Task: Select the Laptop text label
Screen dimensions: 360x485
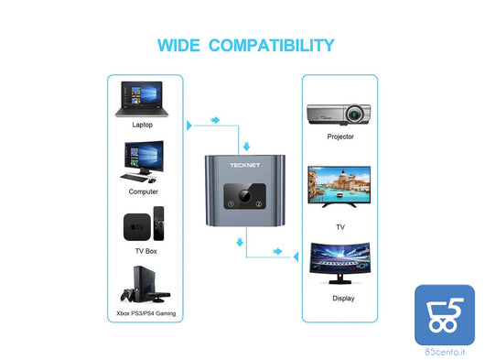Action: click(143, 125)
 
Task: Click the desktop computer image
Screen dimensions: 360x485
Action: click(143, 163)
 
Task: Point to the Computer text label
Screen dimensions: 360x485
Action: click(143, 191)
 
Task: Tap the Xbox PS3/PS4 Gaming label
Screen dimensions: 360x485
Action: click(145, 313)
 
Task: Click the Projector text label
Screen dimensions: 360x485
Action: click(340, 136)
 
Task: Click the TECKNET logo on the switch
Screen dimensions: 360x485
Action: click(242, 166)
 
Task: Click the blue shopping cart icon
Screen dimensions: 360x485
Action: click(445, 315)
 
